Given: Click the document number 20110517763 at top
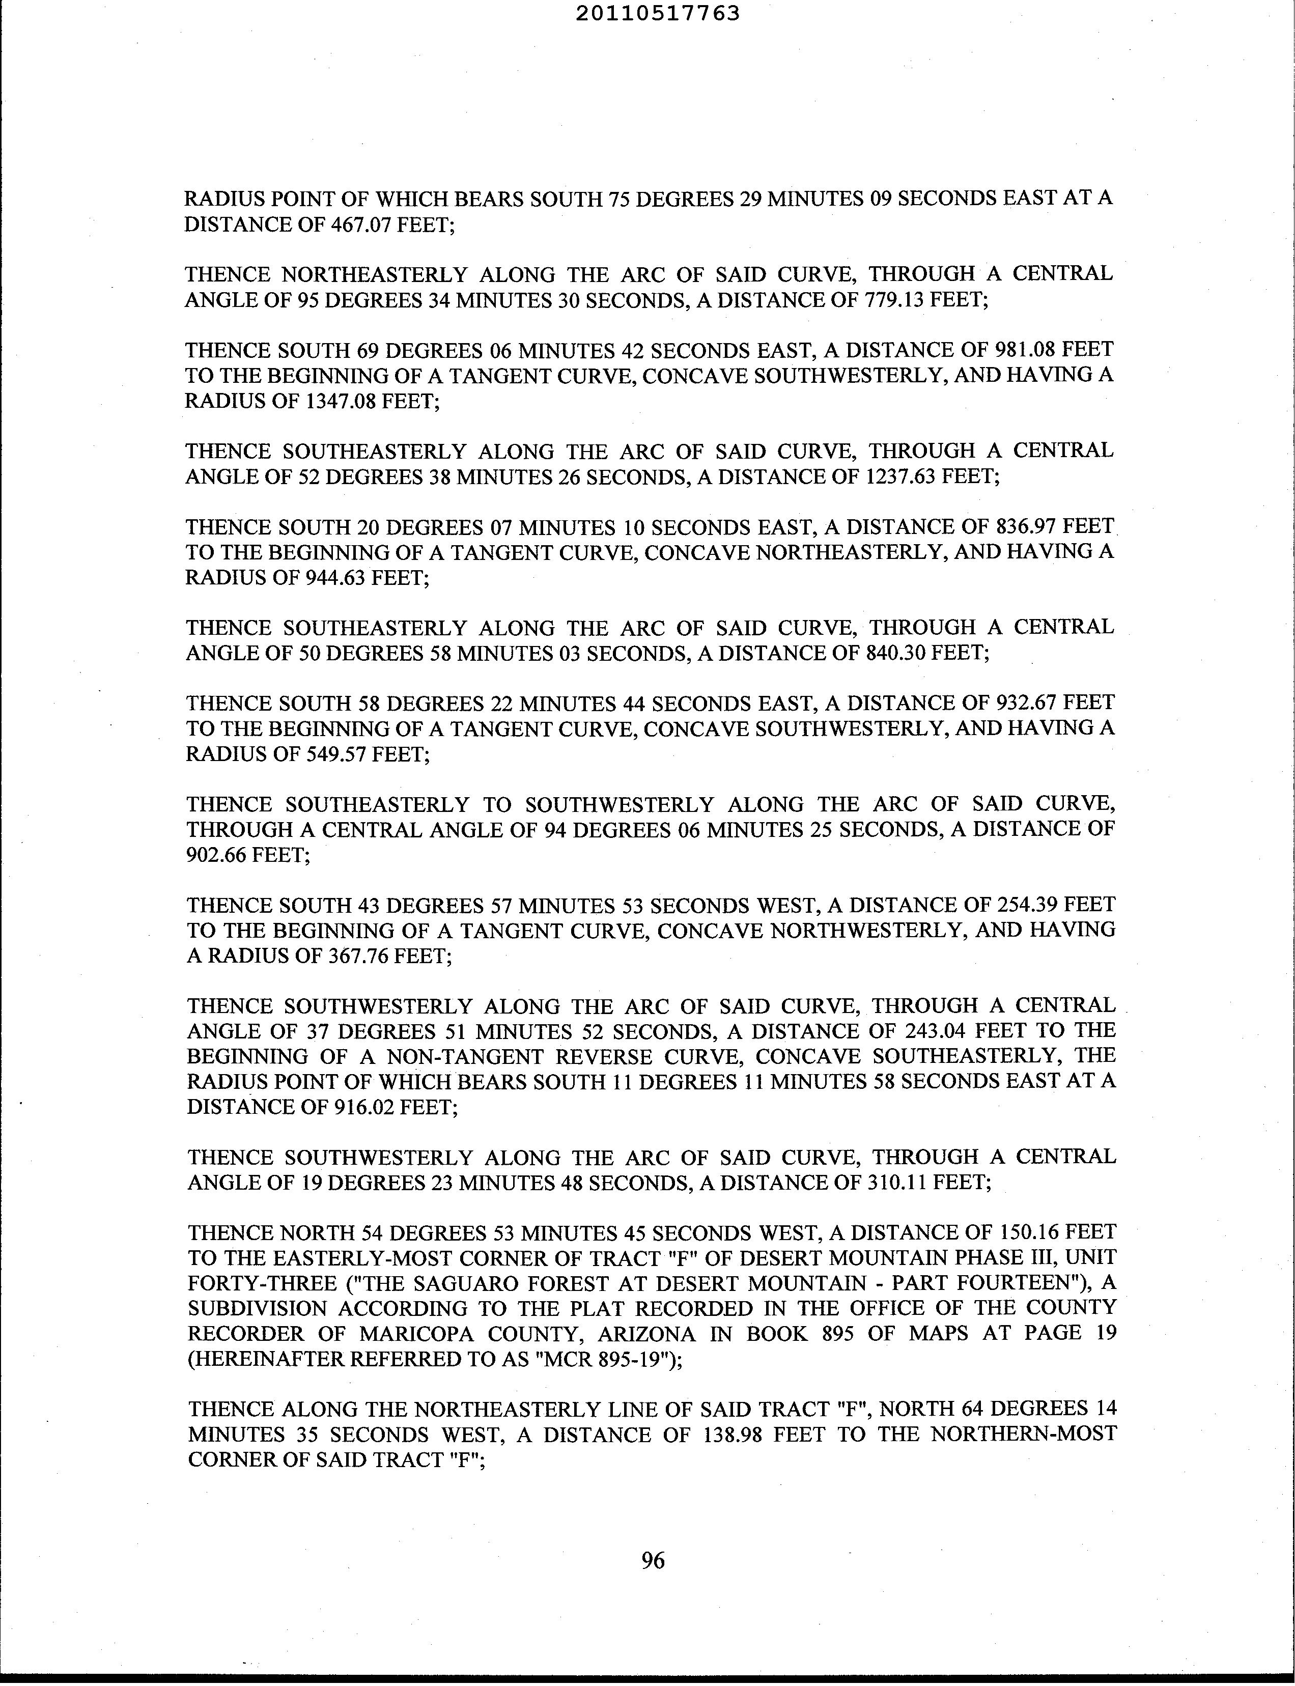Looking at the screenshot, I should click(x=658, y=13).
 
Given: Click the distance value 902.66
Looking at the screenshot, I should click(x=216, y=854).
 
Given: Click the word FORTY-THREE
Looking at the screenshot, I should click(x=250, y=1283).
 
